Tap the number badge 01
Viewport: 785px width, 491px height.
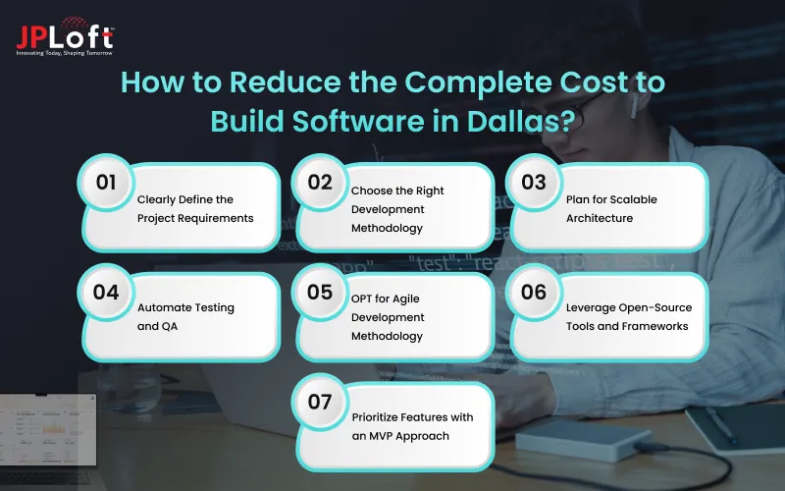click(x=105, y=182)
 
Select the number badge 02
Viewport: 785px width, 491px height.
click(x=320, y=182)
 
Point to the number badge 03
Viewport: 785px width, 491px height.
click(x=534, y=182)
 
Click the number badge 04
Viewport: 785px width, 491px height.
click(x=105, y=292)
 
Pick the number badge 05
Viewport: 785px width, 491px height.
click(x=320, y=292)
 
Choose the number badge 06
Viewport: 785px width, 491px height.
click(x=534, y=292)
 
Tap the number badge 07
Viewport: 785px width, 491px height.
click(x=320, y=401)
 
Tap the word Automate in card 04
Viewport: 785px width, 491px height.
click(x=167, y=307)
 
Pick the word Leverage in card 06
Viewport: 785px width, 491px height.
click(x=594, y=307)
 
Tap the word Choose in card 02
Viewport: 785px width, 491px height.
click(x=373, y=191)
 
